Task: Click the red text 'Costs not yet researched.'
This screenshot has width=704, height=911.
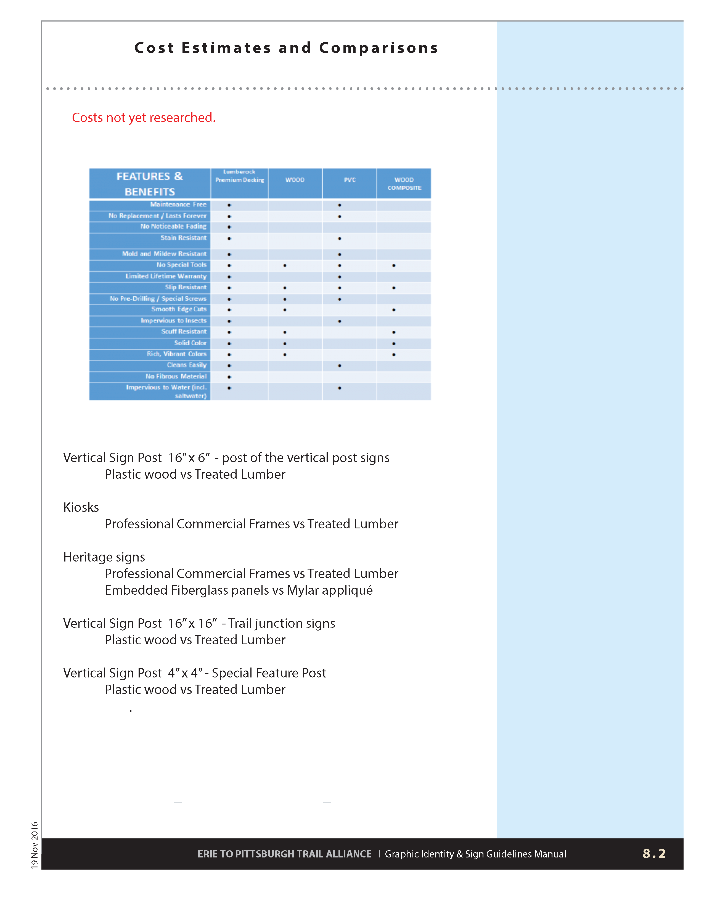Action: tap(144, 118)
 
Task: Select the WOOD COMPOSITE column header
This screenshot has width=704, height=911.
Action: tap(404, 184)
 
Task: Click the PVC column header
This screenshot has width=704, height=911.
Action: tap(350, 180)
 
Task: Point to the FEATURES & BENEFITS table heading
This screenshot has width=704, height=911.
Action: tap(149, 184)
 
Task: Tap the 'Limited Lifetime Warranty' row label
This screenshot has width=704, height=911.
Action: tap(166, 276)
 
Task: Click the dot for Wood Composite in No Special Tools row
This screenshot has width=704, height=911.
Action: tap(394, 265)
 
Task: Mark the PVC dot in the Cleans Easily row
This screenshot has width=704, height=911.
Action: tap(340, 366)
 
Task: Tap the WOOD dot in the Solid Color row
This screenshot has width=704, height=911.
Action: tap(285, 343)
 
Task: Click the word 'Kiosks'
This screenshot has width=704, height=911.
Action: tap(81, 507)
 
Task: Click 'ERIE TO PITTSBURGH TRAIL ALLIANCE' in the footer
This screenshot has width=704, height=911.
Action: tap(284, 854)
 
